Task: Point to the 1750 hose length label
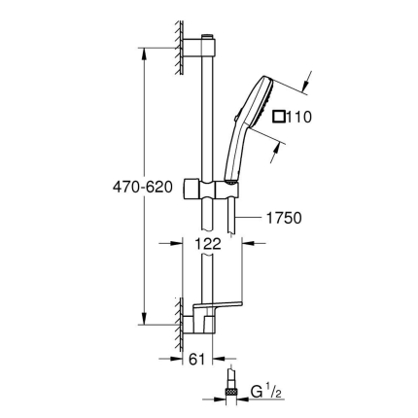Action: point(283,219)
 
